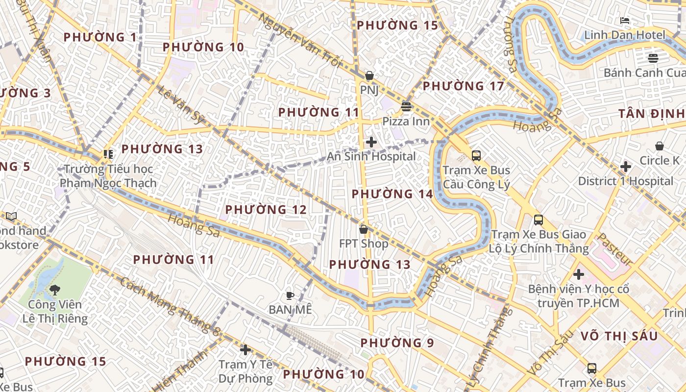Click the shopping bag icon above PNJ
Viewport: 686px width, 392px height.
pyautogui.click(x=369, y=76)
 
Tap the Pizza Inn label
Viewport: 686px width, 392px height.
pyautogui.click(x=406, y=121)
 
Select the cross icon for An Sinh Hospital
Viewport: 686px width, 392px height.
pyautogui.click(x=371, y=142)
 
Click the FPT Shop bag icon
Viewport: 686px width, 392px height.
pyautogui.click(x=364, y=229)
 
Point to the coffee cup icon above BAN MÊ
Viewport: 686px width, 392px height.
pyautogui.click(x=290, y=295)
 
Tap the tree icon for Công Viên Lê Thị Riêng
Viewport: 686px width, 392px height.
pyautogui.click(x=55, y=290)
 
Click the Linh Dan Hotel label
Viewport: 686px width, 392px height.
pyautogui.click(x=625, y=35)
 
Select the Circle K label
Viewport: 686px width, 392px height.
pyautogui.click(x=660, y=160)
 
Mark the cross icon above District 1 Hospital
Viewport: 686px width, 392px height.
pyautogui.click(x=625, y=167)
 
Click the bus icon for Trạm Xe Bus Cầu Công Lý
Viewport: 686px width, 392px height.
pyautogui.click(x=476, y=156)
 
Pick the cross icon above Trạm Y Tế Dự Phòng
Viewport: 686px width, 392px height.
pyautogui.click(x=245, y=350)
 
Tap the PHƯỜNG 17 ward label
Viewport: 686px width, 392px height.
pyautogui.click(x=463, y=86)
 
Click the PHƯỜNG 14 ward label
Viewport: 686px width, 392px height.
pyautogui.click(x=392, y=194)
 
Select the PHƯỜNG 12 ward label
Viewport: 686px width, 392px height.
pyautogui.click(x=266, y=210)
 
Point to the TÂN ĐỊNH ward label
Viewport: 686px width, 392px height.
pyautogui.click(x=651, y=114)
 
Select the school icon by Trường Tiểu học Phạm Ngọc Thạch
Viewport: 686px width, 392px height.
pyautogui.click(x=108, y=154)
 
